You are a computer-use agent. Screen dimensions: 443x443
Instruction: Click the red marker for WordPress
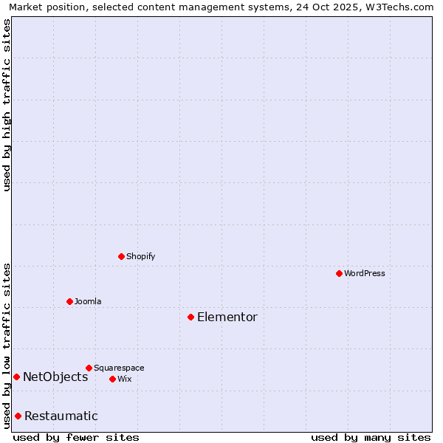click(339, 273)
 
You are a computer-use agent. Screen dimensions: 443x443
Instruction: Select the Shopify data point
click(121, 256)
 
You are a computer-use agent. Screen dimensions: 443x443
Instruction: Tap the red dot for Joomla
click(69, 301)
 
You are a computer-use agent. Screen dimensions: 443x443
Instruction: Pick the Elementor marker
click(190, 317)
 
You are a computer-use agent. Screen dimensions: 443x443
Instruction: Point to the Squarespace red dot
click(89, 368)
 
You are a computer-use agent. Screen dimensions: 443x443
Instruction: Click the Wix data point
click(112, 379)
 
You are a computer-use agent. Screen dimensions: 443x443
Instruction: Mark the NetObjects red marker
click(16, 377)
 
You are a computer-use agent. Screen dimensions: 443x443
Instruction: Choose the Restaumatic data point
click(18, 416)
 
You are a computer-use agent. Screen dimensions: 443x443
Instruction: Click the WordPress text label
click(365, 273)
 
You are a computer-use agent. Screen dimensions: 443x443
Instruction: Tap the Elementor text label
click(227, 317)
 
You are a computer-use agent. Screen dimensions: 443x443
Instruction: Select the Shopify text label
click(140, 256)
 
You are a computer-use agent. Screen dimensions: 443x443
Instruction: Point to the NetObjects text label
click(55, 377)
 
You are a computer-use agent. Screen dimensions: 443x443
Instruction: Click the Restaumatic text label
click(61, 416)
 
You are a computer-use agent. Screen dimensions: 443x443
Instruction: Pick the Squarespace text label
click(119, 368)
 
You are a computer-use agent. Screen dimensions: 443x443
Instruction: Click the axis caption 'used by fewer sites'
click(76, 437)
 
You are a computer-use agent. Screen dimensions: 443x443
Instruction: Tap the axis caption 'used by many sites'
click(371, 437)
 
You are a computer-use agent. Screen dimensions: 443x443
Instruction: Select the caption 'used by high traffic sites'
click(7, 105)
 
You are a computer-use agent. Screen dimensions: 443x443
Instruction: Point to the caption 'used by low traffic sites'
click(7, 345)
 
